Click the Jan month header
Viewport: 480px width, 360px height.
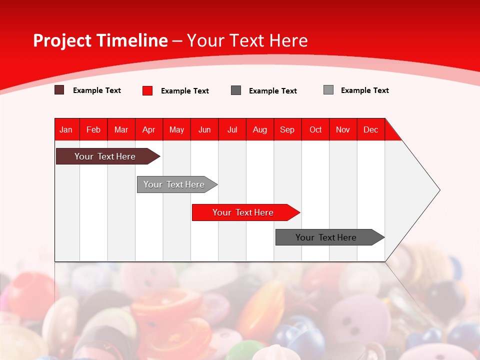(x=66, y=129)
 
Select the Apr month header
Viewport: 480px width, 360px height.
(x=149, y=129)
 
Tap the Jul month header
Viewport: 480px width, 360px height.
(x=232, y=129)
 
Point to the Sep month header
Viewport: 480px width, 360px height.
(x=287, y=129)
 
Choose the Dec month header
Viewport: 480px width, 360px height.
(x=370, y=129)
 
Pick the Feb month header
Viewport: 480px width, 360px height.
(x=93, y=129)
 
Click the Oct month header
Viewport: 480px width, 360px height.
(x=315, y=129)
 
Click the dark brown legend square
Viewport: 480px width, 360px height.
(x=59, y=90)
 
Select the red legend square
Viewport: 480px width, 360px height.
(x=147, y=90)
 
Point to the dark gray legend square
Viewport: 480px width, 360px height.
(x=236, y=90)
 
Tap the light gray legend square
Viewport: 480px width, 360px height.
(x=328, y=90)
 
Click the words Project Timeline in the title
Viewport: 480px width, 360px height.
(x=100, y=40)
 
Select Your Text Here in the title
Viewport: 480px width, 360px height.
(x=247, y=40)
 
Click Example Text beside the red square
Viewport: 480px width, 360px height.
(x=184, y=91)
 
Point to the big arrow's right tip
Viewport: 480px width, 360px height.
(x=439, y=190)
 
